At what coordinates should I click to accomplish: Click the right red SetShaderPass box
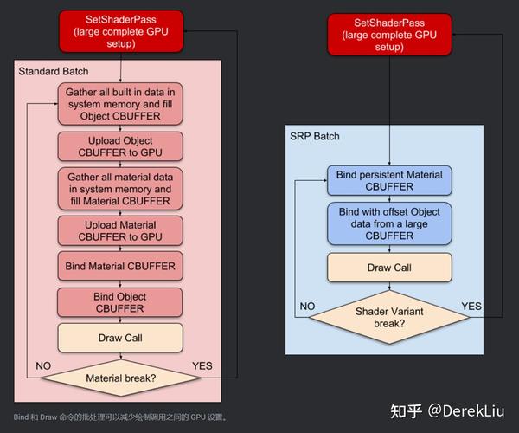[390, 34]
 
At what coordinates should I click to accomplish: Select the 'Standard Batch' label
[54, 71]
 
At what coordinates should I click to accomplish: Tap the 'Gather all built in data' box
[120, 104]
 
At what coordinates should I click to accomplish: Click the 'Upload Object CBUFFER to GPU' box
[120, 147]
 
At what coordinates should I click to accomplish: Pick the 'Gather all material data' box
[120, 189]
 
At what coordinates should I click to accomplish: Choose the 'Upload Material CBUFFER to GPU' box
[120, 230]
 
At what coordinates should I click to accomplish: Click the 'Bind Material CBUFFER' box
[120, 266]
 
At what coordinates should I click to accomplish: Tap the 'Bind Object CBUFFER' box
[120, 302]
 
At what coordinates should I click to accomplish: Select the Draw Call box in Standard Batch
[120, 338]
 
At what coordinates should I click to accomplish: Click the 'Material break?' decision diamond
[120, 378]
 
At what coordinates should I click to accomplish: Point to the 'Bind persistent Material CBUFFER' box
[389, 180]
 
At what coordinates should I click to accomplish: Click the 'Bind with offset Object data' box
[389, 223]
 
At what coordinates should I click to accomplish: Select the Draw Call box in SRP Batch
[389, 268]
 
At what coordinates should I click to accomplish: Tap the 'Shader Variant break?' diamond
[389, 317]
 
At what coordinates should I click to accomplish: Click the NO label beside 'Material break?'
[43, 365]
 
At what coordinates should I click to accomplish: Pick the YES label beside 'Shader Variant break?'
[472, 306]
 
